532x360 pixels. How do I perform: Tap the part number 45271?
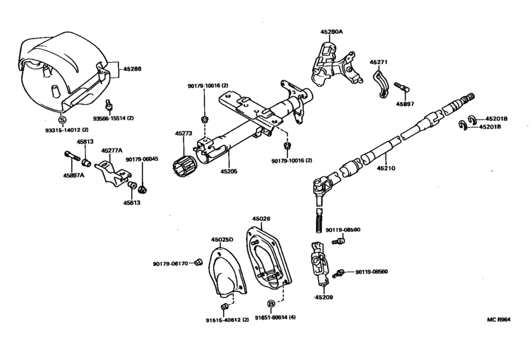(378, 62)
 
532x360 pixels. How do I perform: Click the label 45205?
(229, 172)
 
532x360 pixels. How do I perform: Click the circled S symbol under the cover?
(62, 120)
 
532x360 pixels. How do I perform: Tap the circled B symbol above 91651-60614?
(271, 303)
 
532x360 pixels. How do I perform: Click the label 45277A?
(112, 150)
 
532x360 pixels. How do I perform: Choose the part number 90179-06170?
(170, 263)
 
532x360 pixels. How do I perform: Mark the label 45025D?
(222, 239)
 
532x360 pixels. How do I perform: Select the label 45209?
(324, 298)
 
